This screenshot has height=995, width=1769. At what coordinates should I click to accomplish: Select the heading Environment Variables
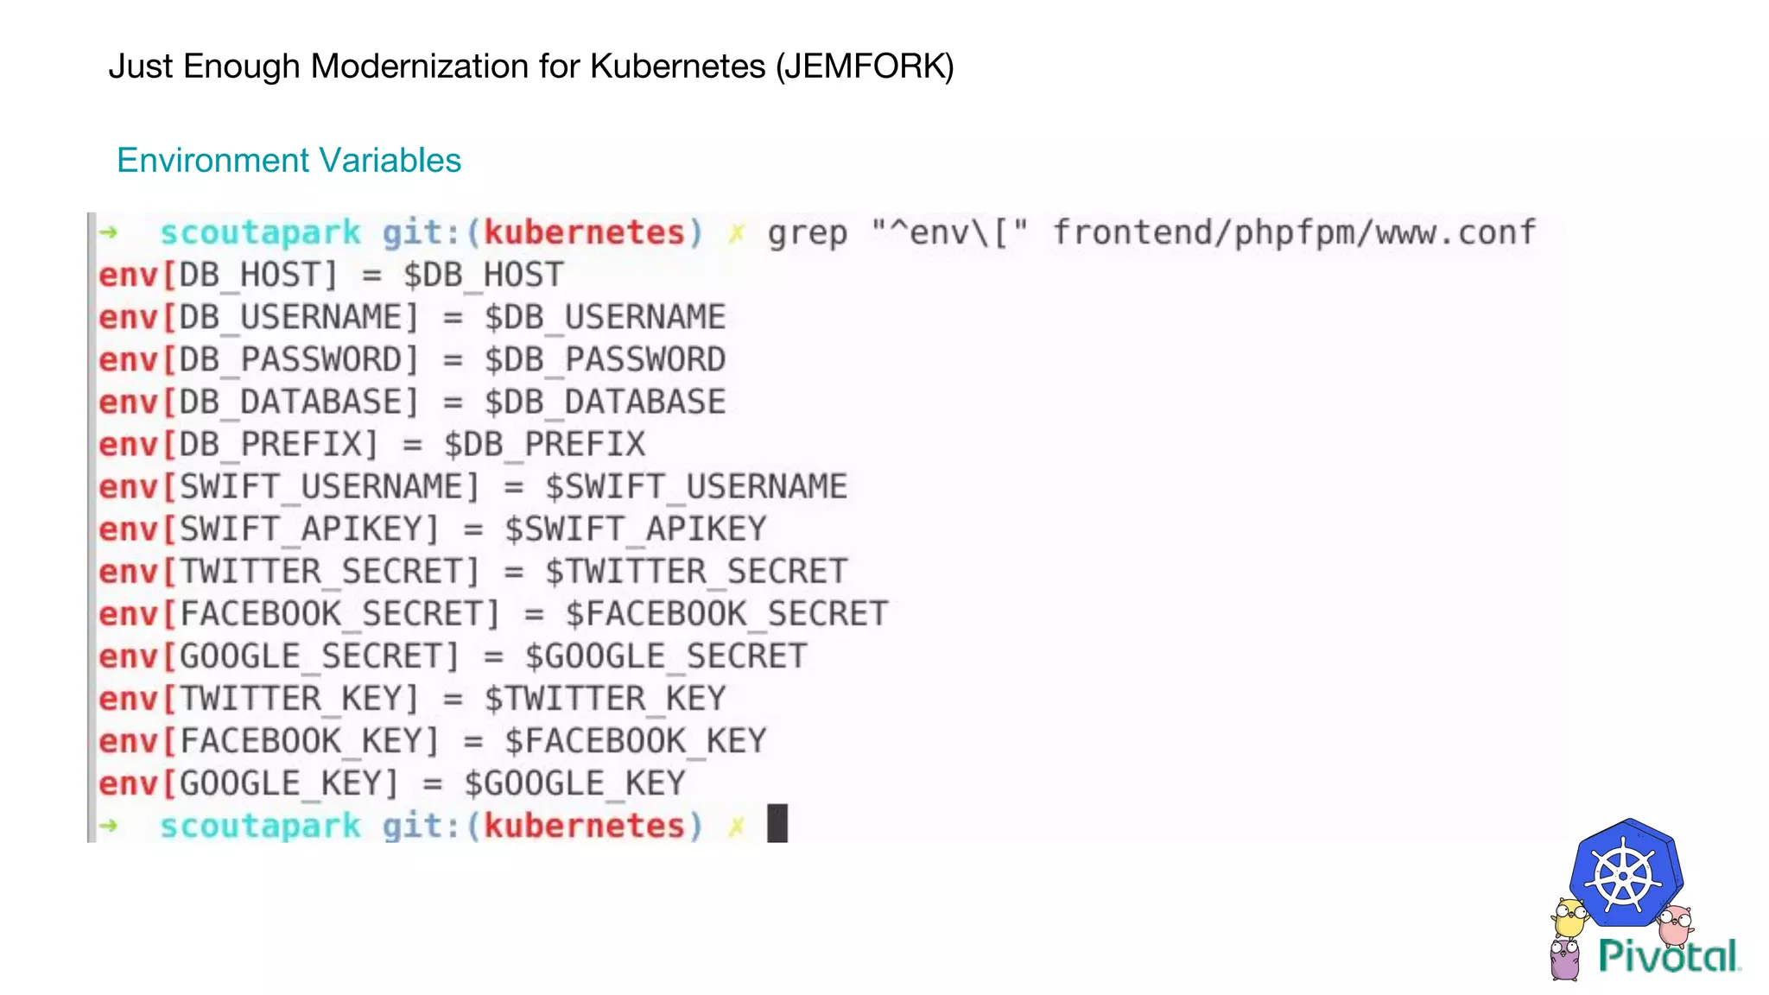(288, 161)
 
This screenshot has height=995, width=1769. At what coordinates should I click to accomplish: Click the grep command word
(807, 233)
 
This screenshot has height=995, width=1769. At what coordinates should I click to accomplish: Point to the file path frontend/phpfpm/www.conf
(1294, 233)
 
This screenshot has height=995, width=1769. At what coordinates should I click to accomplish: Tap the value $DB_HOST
(483, 276)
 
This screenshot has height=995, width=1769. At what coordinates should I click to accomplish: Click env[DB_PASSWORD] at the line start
(258, 360)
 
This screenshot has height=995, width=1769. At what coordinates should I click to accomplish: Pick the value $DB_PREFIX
(544, 445)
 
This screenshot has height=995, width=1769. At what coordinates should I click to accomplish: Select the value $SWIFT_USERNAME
(696, 487)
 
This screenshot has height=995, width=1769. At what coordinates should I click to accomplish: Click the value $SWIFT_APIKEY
(636, 529)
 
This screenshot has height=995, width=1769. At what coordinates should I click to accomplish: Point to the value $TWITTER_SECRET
(696, 572)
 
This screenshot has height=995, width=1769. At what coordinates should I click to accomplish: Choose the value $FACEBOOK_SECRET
(726, 614)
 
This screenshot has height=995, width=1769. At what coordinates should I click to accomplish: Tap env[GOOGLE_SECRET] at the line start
(279, 656)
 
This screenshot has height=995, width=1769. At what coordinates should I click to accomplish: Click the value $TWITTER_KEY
(605, 699)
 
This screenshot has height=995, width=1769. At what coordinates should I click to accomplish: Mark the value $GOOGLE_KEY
(574, 783)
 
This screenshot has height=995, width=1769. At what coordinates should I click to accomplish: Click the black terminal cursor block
(777, 824)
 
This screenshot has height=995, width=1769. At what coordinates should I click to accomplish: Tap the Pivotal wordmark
(1668, 956)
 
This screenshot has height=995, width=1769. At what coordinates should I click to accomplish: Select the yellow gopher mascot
(1569, 918)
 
